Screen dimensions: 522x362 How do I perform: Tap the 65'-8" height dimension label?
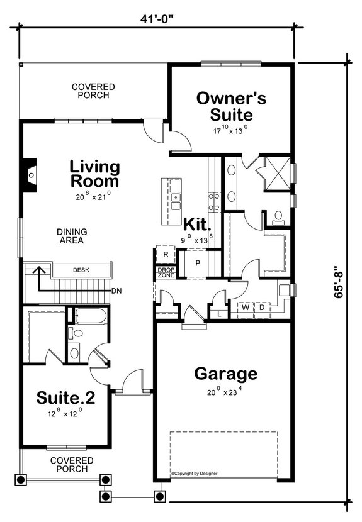click(x=341, y=274)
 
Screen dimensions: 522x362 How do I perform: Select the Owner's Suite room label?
click(x=230, y=106)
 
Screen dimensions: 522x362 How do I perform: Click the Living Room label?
click(x=94, y=174)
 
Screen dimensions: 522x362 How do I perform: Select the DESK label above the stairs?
click(x=80, y=270)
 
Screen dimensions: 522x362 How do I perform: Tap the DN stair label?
click(x=116, y=291)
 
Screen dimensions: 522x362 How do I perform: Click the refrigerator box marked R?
click(x=165, y=255)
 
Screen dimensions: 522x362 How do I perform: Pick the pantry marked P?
click(x=197, y=263)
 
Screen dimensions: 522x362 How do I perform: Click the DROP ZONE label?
click(x=166, y=273)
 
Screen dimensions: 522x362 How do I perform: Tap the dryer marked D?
click(x=261, y=308)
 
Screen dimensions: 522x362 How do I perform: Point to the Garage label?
click(x=225, y=374)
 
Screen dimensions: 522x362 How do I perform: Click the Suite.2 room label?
click(x=65, y=397)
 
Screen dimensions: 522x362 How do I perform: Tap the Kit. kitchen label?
click(x=196, y=224)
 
